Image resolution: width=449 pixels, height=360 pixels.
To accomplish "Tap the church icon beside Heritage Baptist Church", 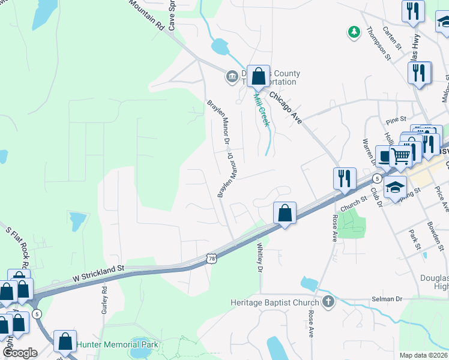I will pyautogui.click(x=328, y=301).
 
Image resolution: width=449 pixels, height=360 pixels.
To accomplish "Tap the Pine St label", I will pyautogui.click(x=397, y=119).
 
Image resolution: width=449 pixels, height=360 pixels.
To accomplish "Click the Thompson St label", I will pyautogui.click(x=379, y=43).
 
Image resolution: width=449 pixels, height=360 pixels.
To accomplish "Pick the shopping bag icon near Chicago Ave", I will pyautogui.click(x=258, y=77).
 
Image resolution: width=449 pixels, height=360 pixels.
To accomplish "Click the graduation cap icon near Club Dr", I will pyautogui.click(x=395, y=187).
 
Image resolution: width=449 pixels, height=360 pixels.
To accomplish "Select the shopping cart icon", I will pyautogui.click(x=400, y=156).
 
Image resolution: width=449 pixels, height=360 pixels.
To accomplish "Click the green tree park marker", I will pyautogui.click(x=354, y=31).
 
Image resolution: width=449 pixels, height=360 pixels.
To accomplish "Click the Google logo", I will pyautogui.click(x=19, y=352).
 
